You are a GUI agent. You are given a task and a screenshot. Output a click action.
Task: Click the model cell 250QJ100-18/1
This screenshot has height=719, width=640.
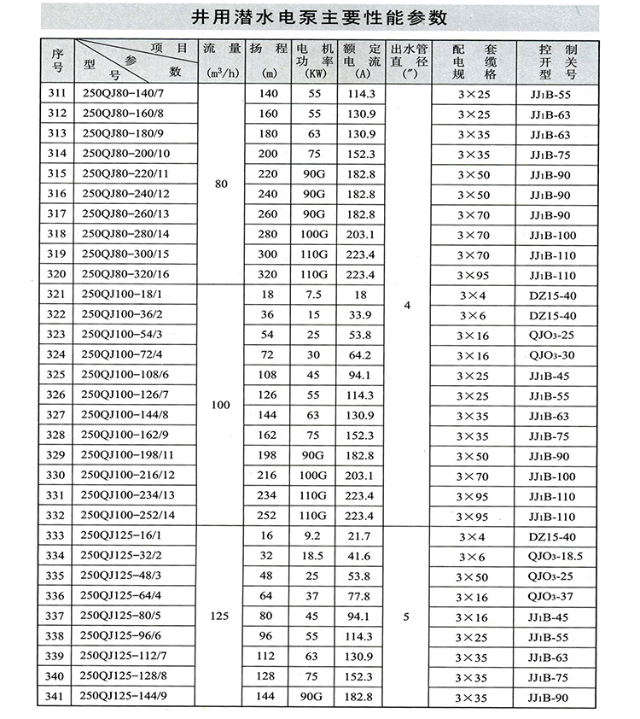[123, 295]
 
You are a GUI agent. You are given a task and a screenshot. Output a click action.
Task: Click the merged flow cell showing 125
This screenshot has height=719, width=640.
[221, 615]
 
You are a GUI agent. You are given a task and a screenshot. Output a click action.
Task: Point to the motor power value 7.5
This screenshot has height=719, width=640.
[312, 295]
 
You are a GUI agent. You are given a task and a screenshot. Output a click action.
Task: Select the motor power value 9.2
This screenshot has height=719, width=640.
[312, 535]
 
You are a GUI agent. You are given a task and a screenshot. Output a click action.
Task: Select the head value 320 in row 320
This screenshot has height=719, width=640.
[268, 274]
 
